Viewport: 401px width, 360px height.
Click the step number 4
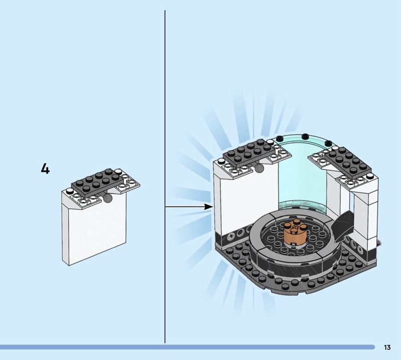tap(45, 169)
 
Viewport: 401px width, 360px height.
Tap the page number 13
tap(387, 347)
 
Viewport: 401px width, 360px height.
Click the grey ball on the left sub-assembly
tap(107, 199)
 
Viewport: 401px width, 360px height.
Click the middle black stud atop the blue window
tap(305, 136)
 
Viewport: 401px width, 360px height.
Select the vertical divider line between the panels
tap(165, 175)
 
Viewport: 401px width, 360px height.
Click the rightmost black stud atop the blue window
tap(328, 143)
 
